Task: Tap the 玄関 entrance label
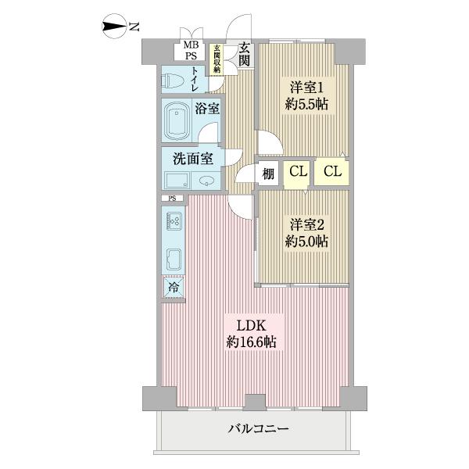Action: pos(244,54)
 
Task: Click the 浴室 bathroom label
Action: pos(207,109)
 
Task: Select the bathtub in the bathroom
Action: pos(177,120)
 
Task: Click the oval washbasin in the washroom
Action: pos(205,181)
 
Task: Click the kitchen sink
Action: pos(174,259)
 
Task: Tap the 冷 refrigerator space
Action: pos(174,288)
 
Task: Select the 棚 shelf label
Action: pos(269,174)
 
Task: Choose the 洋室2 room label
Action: pos(303,223)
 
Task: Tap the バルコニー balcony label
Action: pos(260,428)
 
